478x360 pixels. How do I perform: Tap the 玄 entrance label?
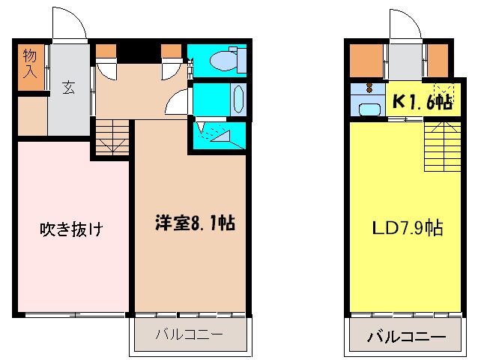[x=68, y=87]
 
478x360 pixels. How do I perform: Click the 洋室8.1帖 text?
[x=196, y=222]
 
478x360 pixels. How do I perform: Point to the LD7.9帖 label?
[x=409, y=227]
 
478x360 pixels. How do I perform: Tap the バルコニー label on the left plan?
[x=189, y=334]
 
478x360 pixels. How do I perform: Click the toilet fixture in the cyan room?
[x=225, y=60]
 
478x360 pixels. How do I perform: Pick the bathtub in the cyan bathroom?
[x=238, y=98]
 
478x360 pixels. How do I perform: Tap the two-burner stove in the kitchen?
[x=368, y=89]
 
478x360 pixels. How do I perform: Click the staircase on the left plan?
[x=113, y=138]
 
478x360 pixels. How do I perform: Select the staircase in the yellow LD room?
[x=440, y=146]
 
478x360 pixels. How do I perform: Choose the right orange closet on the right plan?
[x=438, y=60]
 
